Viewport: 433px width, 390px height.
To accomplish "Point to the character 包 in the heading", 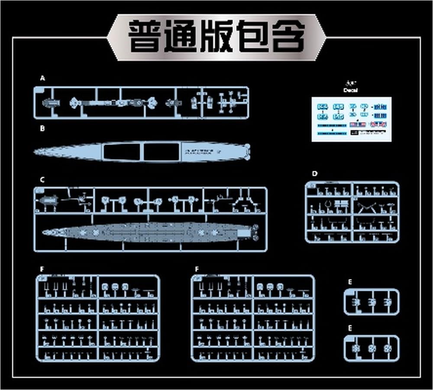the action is click(x=252, y=37).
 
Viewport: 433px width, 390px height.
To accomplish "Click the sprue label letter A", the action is click(x=42, y=78).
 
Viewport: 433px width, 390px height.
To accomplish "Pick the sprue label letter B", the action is click(x=42, y=129).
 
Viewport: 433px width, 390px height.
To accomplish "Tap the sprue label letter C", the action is click(x=42, y=179).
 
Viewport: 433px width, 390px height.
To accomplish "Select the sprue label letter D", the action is click(x=315, y=174).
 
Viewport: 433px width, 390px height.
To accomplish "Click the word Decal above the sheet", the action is click(x=350, y=90).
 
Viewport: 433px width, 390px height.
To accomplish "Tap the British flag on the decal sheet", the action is click(x=378, y=125).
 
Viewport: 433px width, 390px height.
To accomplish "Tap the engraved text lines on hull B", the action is click(x=200, y=151).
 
